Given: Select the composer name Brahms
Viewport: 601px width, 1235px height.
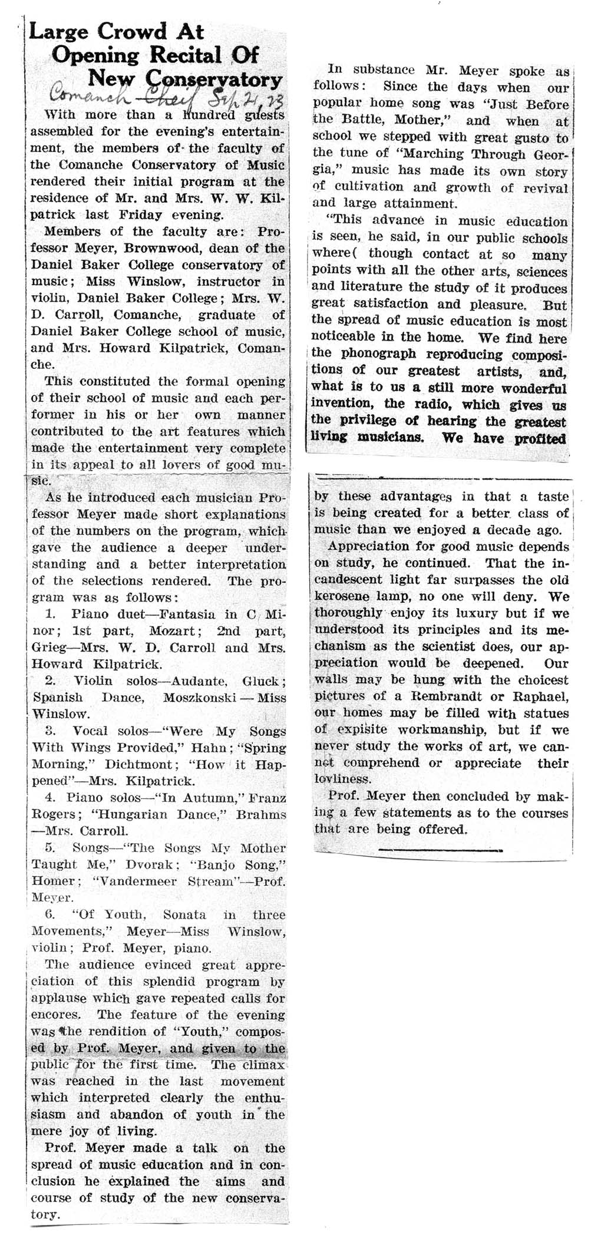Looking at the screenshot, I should [x=260, y=815].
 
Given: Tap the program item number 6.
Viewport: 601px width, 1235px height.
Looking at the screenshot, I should [x=49, y=915].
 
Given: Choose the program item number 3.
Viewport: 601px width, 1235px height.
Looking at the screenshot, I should [x=51, y=731].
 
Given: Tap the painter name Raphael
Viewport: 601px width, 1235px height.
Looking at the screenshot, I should [x=536, y=696].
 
